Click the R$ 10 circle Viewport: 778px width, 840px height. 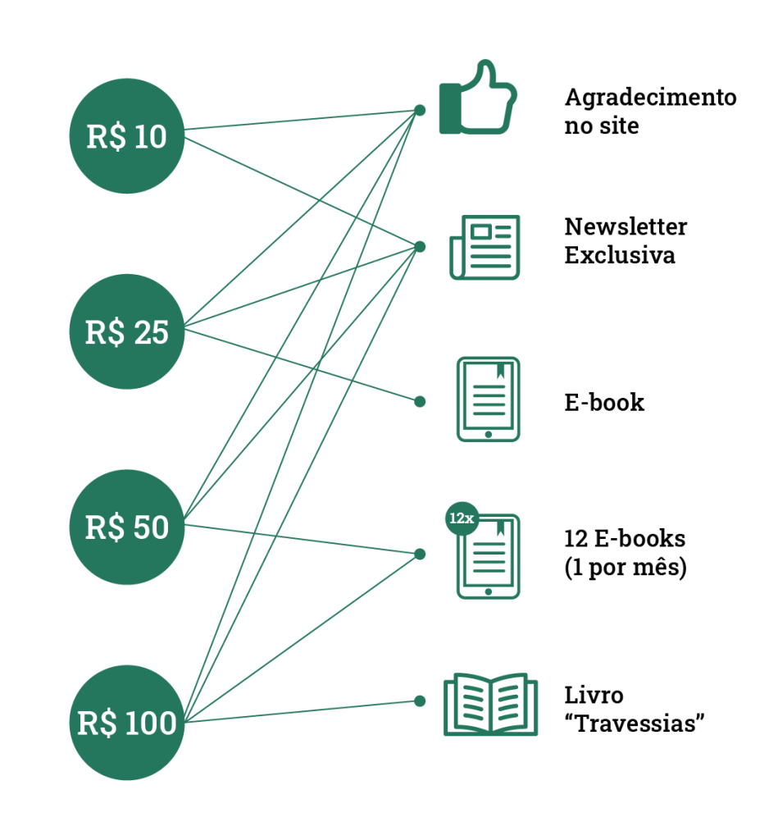tap(127, 136)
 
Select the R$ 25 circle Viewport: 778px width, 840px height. tap(127, 331)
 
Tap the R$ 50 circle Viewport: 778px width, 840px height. tap(127, 527)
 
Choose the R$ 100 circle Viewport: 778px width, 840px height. tap(127, 722)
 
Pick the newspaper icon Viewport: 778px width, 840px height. tap(485, 247)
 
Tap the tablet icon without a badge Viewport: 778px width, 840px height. tap(488, 399)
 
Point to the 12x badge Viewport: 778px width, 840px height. tap(462, 518)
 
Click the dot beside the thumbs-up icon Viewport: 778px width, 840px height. tap(420, 110)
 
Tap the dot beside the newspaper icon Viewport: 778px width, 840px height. tap(420, 247)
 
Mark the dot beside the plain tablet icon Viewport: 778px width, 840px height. tap(420, 401)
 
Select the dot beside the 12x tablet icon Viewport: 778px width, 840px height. tap(420, 554)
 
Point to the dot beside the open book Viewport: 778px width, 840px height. tap(420, 701)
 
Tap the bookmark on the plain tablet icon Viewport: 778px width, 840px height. tap(500, 372)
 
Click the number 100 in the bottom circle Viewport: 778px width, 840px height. tap(151, 723)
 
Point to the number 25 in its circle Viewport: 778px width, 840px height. tap(151, 332)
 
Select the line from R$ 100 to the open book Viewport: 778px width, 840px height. tap(303, 711)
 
